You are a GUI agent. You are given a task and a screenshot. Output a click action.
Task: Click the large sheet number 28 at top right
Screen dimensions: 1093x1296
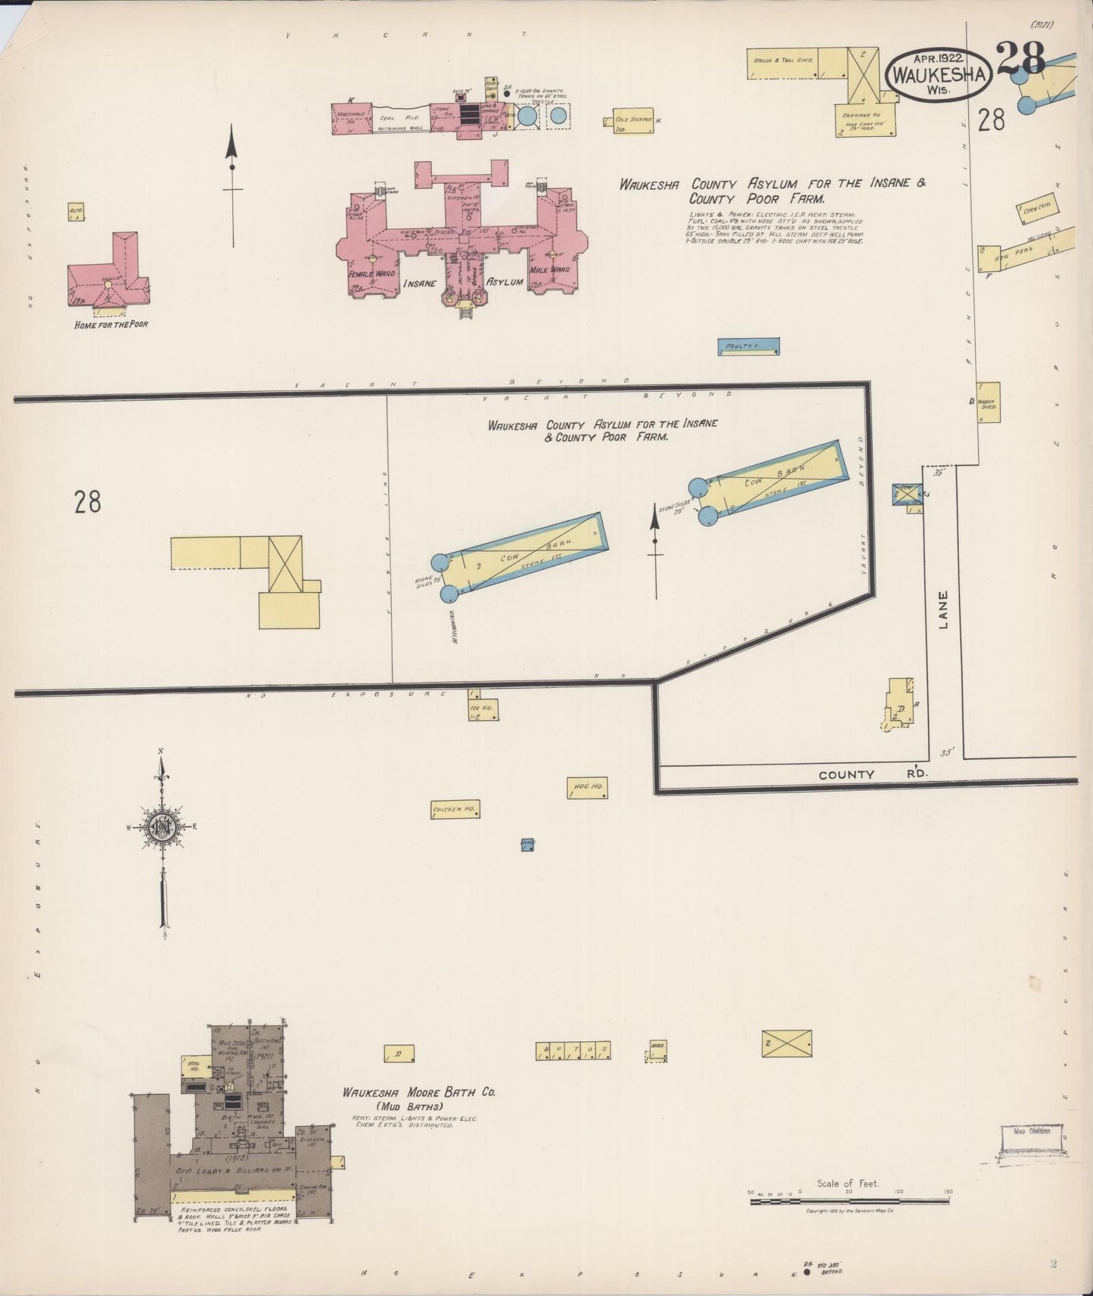click(x=1020, y=57)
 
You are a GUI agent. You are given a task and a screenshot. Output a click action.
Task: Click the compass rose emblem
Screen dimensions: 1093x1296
click(x=162, y=826)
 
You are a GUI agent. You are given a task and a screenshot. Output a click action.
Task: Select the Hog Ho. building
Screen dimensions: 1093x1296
click(x=588, y=788)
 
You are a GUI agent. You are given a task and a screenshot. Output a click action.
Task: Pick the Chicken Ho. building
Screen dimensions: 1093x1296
click(x=455, y=810)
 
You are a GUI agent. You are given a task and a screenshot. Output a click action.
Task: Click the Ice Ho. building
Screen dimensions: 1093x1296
click(x=483, y=708)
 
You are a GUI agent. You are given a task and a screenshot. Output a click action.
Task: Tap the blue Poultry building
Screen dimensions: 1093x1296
click(x=747, y=346)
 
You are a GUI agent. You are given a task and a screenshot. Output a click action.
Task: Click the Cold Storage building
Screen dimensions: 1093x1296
click(x=633, y=121)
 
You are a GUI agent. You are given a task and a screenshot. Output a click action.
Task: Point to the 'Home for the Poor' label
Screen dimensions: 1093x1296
click(x=111, y=324)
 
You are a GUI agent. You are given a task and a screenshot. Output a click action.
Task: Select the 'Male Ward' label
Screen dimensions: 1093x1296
click(x=549, y=270)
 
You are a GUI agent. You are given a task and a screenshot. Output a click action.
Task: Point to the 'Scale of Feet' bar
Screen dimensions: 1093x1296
click(x=849, y=1200)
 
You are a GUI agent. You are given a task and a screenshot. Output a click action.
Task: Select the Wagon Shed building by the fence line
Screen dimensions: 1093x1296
click(x=989, y=402)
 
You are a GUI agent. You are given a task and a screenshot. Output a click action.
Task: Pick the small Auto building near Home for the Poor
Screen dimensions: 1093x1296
click(x=76, y=212)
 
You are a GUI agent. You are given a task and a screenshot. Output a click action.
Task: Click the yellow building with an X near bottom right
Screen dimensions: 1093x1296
click(x=787, y=1043)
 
